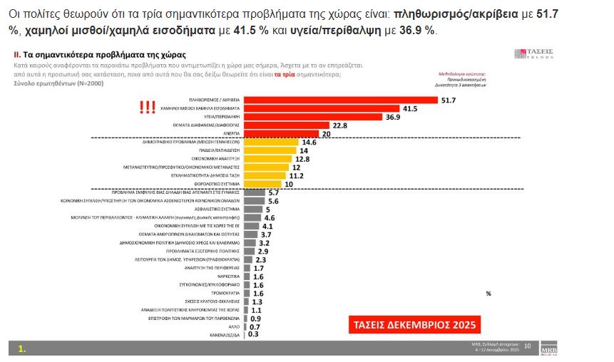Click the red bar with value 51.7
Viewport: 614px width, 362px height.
(341, 100)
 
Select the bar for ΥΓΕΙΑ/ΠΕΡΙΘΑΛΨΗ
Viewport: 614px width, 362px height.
(313, 117)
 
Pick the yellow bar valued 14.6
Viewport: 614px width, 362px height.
(271, 143)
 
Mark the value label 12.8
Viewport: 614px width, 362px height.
(302, 159)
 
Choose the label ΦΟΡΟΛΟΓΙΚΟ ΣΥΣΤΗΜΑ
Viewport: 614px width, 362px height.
(219, 184)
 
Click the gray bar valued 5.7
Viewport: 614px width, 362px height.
(253, 193)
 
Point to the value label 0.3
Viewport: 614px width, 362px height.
(252, 334)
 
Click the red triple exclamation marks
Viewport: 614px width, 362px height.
(148, 108)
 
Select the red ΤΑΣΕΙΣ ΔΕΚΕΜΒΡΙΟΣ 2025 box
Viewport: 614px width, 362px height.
(414, 324)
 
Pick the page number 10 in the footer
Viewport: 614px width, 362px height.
(528, 346)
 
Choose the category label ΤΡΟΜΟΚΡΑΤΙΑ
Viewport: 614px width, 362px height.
(226, 293)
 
